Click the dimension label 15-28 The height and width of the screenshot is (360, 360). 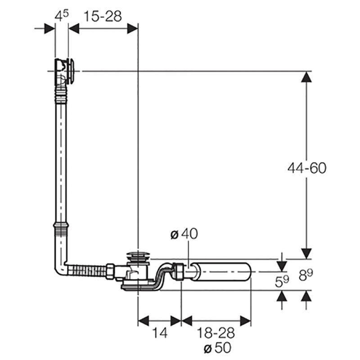[x=103, y=17]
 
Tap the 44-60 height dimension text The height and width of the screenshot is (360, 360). [x=307, y=168]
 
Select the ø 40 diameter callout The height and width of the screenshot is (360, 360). [x=184, y=234]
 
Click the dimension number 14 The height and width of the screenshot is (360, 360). [x=160, y=333]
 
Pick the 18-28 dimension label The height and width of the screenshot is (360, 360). [x=216, y=333]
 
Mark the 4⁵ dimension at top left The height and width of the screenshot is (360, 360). [x=62, y=16]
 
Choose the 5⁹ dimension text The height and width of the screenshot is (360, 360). [x=282, y=281]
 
